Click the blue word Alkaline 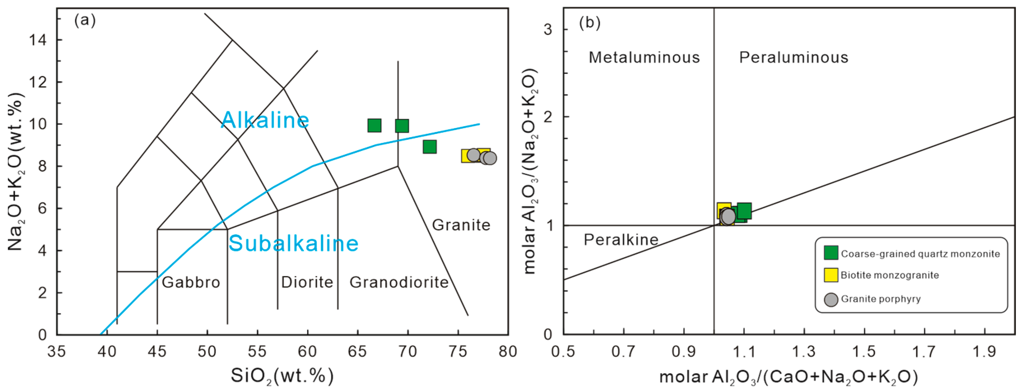point(265,120)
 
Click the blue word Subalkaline point(293,243)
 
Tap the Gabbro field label point(191,282)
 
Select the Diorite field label point(307,282)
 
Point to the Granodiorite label point(399,282)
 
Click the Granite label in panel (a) point(461,225)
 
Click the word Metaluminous point(644,58)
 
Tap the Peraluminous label point(793,58)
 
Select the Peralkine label point(621,240)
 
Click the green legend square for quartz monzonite point(831,253)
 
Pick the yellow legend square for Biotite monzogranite point(831,275)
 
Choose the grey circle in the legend point(831,299)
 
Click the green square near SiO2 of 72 point(430,147)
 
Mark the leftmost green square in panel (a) point(374,125)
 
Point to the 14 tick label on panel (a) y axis point(37,40)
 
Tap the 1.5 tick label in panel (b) point(864,351)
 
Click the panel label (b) point(590,23)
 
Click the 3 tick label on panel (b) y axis point(548,29)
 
